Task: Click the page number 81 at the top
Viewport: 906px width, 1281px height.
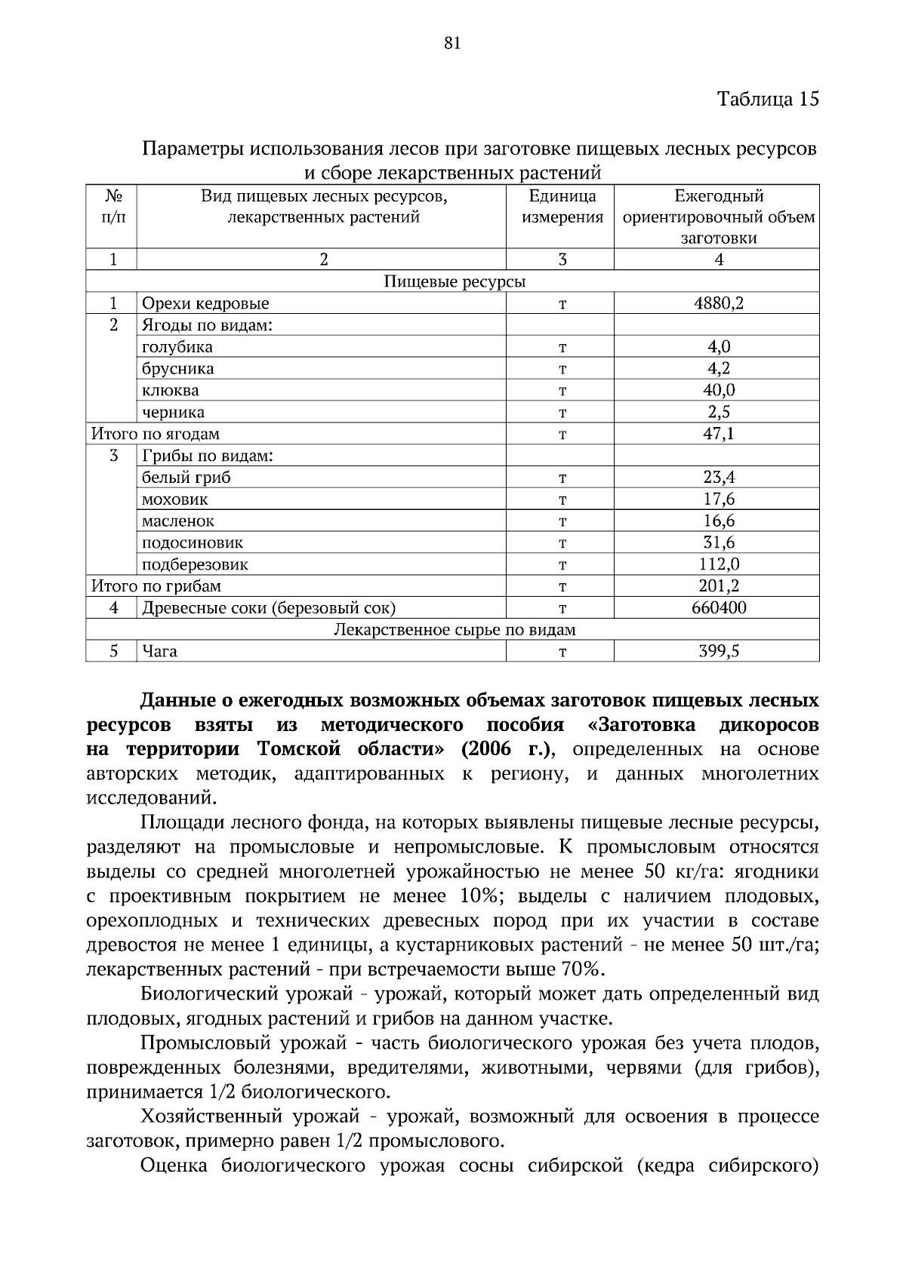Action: point(452,43)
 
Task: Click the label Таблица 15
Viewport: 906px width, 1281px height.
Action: point(767,99)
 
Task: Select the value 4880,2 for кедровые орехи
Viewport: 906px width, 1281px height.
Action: point(718,303)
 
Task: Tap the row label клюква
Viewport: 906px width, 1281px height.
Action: point(171,391)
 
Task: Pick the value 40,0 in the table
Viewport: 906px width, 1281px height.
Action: point(718,390)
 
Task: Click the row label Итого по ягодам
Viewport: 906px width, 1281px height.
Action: point(156,434)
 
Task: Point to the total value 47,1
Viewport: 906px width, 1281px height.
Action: point(718,434)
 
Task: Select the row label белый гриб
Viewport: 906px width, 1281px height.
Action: point(186,478)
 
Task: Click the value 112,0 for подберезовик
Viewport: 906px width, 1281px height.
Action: point(718,564)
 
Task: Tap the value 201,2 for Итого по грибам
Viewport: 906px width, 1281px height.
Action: point(718,586)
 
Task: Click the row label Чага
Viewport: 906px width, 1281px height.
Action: point(159,651)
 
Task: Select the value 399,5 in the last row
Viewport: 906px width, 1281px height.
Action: point(718,651)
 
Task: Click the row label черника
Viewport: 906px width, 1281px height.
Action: point(173,413)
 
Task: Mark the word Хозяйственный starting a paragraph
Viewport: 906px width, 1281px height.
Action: point(205,1116)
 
